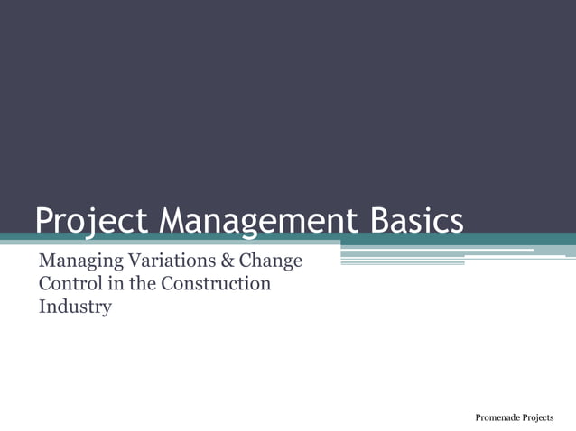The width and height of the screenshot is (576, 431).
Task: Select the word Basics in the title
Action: point(413,222)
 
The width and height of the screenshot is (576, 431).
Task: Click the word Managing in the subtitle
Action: point(77,263)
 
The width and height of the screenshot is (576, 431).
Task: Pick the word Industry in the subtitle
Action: point(74,307)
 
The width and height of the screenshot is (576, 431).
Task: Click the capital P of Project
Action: point(45,222)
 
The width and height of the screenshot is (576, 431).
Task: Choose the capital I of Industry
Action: point(42,307)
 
